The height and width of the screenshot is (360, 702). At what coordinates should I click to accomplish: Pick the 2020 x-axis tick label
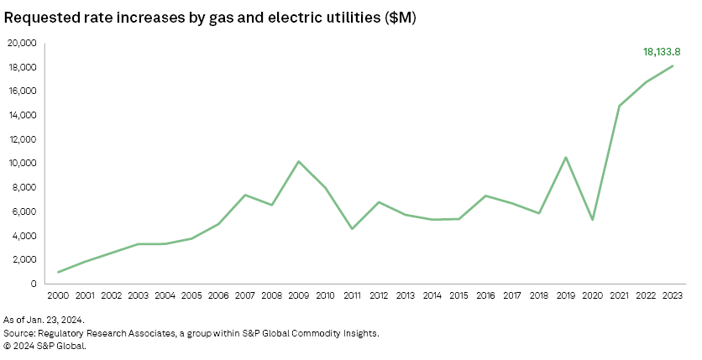click(x=593, y=295)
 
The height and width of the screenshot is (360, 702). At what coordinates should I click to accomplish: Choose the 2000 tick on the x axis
click(x=58, y=295)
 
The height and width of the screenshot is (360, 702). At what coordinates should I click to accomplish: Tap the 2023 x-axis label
click(x=672, y=295)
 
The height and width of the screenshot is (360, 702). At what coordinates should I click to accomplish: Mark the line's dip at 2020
click(x=593, y=220)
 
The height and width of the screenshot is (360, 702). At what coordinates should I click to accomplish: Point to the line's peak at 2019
click(x=566, y=157)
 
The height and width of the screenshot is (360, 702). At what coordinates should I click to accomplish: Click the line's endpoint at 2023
click(x=672, y=65)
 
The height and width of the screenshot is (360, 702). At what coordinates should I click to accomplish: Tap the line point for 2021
click(x=619, y=106)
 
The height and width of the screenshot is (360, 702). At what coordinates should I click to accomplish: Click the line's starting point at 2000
click(x=58, y=272)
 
